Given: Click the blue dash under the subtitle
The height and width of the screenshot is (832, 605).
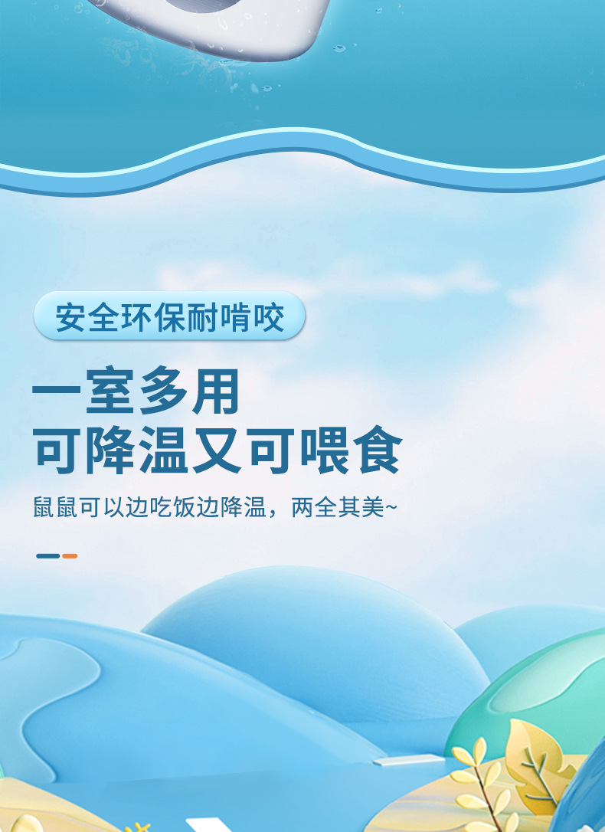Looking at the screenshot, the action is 47,556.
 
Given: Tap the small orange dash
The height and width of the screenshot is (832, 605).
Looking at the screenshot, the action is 70,556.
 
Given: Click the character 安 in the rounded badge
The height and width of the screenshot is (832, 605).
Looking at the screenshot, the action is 70,317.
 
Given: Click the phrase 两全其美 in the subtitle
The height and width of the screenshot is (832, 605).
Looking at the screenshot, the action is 337,507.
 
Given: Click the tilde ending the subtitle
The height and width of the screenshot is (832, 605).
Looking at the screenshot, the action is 391,507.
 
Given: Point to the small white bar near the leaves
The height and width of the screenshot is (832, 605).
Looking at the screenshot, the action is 408,760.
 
